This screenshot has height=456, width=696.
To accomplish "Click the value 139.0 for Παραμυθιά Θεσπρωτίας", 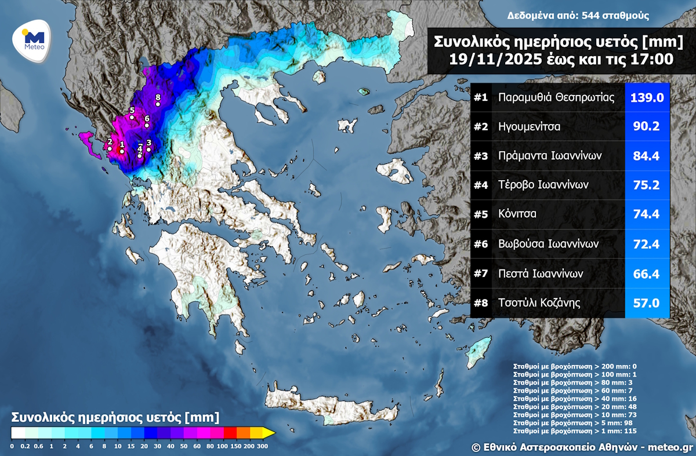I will click(x=647, y=97).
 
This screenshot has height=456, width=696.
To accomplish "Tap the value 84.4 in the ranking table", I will click(x=647, y=156).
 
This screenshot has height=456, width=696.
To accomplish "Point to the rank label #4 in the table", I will click(x=481, y=185).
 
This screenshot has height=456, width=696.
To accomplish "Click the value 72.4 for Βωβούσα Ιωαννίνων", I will click(x=647, y=243).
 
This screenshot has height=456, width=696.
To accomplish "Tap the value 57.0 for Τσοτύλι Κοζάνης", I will click(x=647, y=302).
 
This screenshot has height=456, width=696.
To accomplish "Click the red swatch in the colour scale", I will click(x=229, y=432).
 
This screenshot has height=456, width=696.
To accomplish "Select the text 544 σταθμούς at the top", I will click(x=614, y=16).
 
